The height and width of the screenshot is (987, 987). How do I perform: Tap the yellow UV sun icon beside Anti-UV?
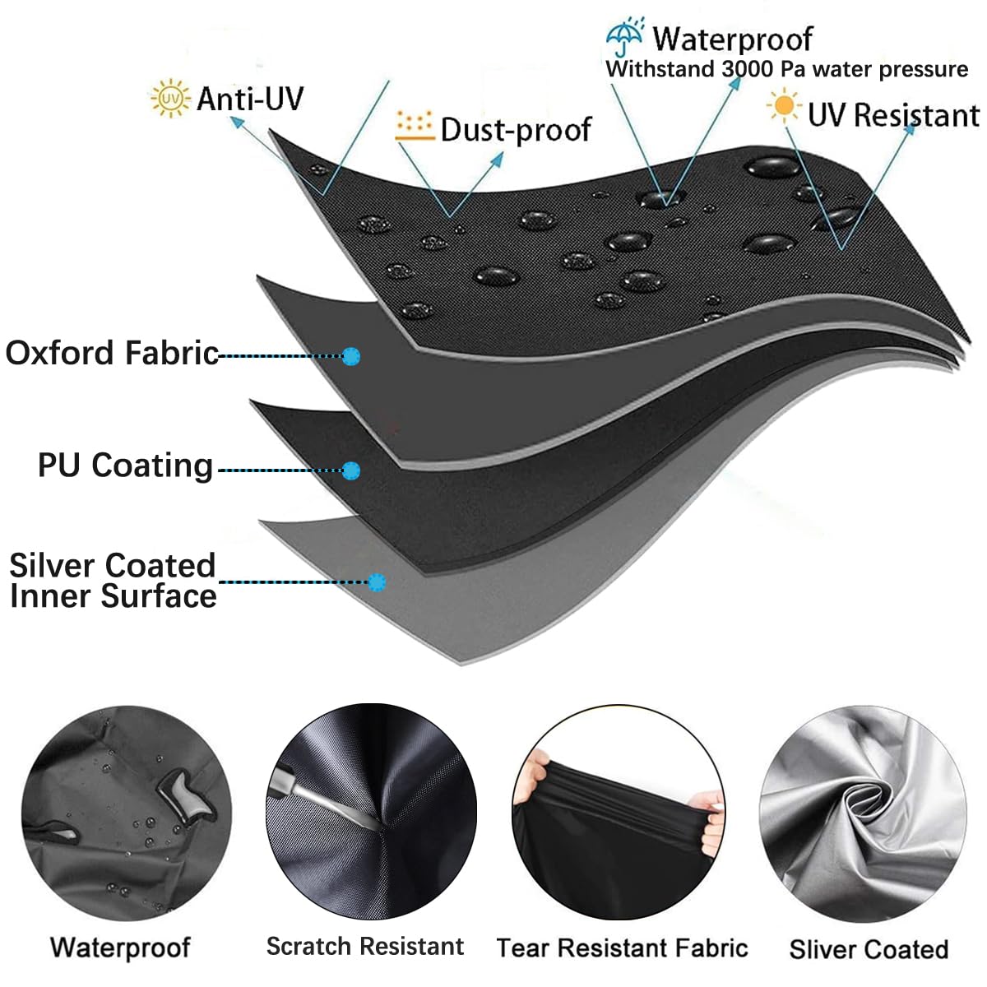click(x=170, y=98)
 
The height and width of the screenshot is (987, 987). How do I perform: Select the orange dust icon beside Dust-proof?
click(x=415, y=126)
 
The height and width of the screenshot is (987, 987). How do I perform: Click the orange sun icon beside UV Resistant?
click(x=783, y=106)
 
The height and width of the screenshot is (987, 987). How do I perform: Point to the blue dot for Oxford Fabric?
click(x=351, y=356)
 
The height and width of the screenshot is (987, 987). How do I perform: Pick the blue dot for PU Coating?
click(x=351, y=470)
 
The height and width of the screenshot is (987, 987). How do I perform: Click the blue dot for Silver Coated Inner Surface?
click(x=377, y=582)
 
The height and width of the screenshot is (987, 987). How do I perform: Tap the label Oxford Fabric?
click(x=112, y=353)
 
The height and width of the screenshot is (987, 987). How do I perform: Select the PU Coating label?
click(x=126, y=466)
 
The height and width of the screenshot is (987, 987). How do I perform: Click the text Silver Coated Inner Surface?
click(x=113, y=581)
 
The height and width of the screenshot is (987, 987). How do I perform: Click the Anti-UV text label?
click(x=250, y=99)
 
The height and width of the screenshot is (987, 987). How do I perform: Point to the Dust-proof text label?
click(x=517, y=130)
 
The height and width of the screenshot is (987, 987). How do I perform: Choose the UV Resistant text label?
click(x=894, y=114)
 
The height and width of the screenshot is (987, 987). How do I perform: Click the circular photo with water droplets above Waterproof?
click(x=127, y=813)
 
